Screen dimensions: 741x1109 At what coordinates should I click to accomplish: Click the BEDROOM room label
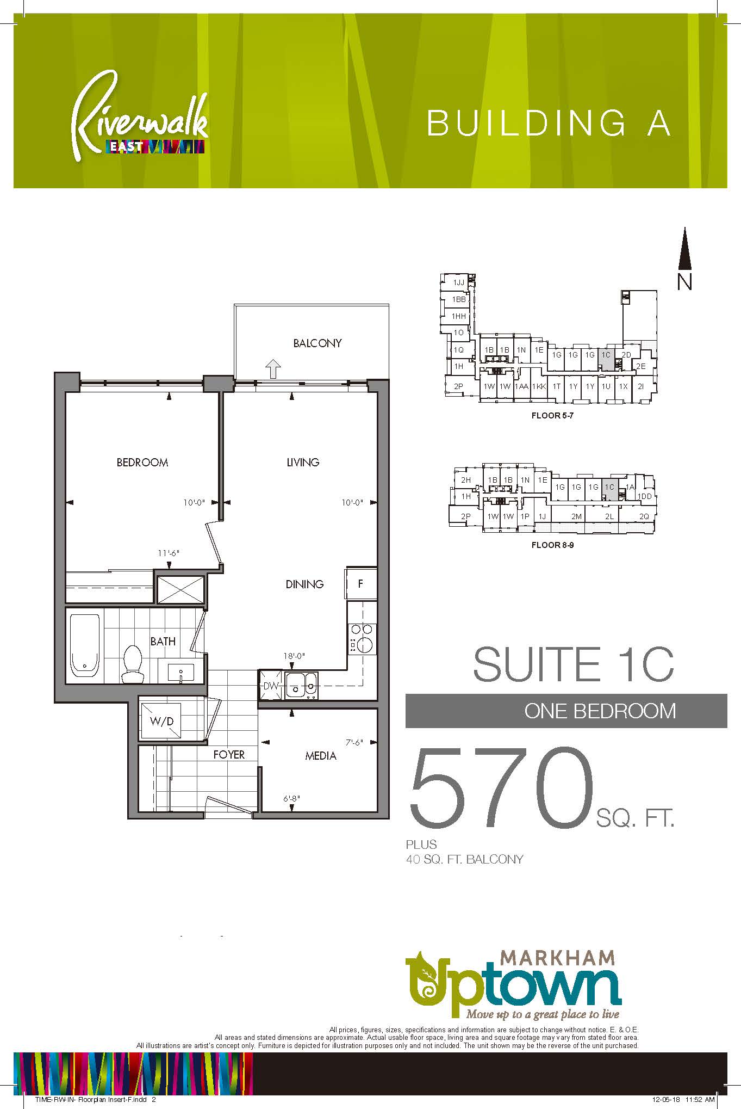(142, 463)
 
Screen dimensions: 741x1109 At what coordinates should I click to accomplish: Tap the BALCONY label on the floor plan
(317, 343)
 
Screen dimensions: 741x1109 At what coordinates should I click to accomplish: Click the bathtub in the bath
(85, 645)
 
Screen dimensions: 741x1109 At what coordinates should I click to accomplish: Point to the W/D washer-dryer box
(162, 721)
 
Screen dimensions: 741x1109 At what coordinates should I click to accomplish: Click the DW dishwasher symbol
(270, 686)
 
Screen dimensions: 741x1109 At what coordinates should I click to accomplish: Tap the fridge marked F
(361, 584)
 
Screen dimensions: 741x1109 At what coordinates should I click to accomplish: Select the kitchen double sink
(301, 686)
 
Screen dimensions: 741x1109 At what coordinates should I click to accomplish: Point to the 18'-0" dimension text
(294, 656)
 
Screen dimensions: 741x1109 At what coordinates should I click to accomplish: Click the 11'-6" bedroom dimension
(169, 553)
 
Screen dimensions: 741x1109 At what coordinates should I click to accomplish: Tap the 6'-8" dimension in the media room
(291, 799)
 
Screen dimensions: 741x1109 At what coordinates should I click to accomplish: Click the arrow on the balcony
(273, 369)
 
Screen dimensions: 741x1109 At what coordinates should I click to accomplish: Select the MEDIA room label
(321, 756)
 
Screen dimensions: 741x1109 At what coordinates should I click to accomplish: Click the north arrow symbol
(685, 249)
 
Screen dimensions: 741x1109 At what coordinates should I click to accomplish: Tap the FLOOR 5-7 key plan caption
(552, 416)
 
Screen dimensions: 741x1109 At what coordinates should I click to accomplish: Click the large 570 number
(501, 786)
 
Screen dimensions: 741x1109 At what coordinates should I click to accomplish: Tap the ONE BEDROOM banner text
(600, 711)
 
